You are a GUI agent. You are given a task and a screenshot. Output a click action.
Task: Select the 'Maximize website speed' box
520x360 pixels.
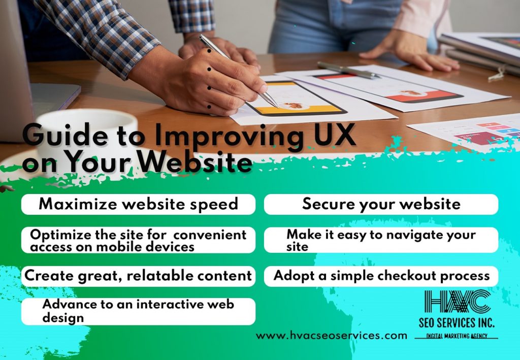coord(138,204)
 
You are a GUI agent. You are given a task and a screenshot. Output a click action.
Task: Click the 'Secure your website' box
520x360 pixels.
coord(381,204)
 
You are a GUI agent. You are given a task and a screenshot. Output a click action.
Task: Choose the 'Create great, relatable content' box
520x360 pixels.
coord(138,276)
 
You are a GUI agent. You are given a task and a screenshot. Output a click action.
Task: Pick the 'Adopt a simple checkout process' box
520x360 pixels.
coord(381,276)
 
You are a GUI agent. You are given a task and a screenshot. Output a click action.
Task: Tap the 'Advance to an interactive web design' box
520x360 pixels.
coord(138,311)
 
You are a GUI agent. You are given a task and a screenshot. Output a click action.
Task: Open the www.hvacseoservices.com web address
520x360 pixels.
coord(331,336)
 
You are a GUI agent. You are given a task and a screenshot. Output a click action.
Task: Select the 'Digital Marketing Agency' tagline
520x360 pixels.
coord(457,336)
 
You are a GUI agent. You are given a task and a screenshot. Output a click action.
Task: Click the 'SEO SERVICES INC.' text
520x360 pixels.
coord(457,322)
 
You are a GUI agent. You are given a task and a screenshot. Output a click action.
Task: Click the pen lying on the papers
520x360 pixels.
coord(348,70)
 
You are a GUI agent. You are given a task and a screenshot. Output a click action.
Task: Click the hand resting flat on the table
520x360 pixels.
coord(410,51)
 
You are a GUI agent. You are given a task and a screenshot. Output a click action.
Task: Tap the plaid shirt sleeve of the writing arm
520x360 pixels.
coord(100,33)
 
